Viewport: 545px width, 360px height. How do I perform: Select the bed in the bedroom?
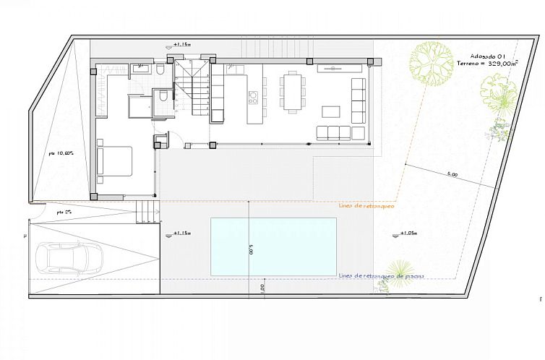114,160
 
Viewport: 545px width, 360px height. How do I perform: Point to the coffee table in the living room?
331,112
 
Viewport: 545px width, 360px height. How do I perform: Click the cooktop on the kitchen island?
253,95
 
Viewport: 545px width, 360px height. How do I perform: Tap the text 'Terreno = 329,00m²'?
488,64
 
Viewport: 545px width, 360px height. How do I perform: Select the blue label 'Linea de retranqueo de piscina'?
380,275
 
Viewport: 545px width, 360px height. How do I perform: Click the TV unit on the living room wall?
338,68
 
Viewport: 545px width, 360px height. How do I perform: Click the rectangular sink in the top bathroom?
141,69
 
